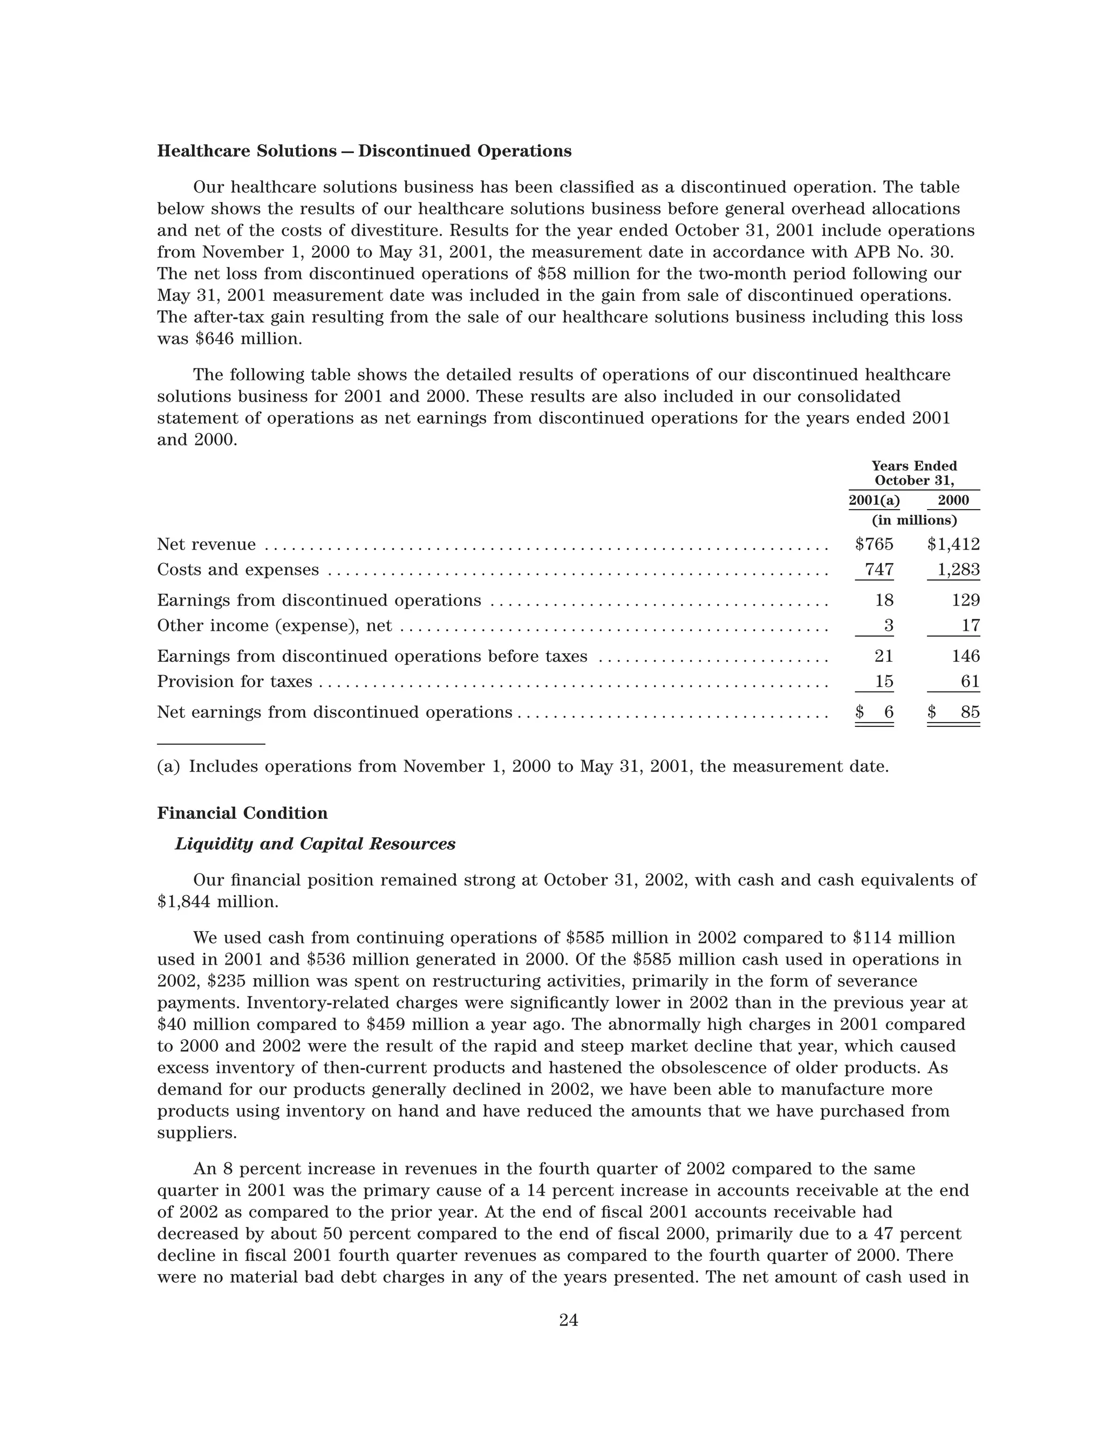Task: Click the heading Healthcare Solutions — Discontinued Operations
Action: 364,151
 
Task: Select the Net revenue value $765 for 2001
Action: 874,545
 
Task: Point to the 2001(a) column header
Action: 874,500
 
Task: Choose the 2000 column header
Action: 953,500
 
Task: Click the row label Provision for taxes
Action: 234,682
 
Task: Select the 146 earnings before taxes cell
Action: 966,656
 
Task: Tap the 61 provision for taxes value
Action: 970,682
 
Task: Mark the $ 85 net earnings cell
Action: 954,712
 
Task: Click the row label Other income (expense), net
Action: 274,626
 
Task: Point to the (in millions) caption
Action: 914,520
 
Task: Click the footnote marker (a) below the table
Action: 168,766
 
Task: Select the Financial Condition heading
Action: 242,813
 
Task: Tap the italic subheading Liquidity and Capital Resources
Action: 315,844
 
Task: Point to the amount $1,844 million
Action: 217,902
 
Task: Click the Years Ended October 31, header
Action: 914,473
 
